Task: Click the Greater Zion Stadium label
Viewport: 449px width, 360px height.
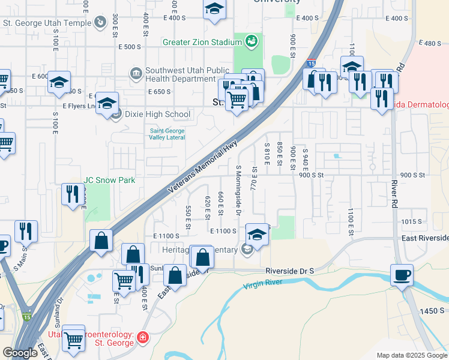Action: tap(202, 42)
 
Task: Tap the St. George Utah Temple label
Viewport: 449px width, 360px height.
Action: tap(47, 23)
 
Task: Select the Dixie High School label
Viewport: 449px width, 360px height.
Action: tap(158, 114)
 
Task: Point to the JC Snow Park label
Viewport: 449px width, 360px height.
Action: tap(101, 180)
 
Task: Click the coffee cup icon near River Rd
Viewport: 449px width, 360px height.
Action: tap(402, 275)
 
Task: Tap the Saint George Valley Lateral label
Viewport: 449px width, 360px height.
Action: tap(167, 134)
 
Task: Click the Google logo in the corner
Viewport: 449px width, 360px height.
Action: tap(20, 353)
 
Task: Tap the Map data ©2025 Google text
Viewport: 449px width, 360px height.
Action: tap(411, 355)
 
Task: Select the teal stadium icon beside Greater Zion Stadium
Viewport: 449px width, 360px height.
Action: tap(252, 42)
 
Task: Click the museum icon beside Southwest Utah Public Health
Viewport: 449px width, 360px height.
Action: tap(135, 74)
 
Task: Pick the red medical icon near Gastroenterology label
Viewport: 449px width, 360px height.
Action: tap(142, 337)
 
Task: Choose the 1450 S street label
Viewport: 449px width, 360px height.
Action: tap(432, 310)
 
